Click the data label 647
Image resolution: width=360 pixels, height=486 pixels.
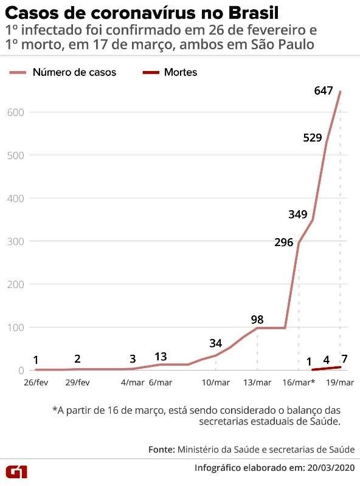click(324, 91)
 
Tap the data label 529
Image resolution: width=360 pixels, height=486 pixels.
click(312, 137)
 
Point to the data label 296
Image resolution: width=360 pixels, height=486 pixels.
click(284, 242)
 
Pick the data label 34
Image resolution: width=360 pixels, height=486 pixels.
click(215, 343)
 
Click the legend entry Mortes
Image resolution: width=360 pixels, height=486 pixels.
click(180, 72)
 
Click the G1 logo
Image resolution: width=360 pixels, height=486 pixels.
click(20, 470)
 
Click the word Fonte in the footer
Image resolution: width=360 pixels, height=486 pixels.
click(161, 450)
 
